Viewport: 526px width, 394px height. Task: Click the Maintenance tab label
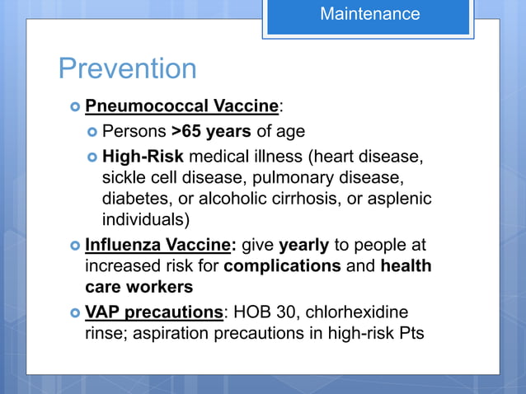369,14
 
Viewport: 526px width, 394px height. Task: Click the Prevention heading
127,68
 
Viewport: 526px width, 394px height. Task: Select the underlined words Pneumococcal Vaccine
181,106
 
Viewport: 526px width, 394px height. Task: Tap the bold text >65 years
212,131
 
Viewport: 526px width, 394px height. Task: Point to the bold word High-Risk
143,157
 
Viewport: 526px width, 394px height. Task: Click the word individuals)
146,220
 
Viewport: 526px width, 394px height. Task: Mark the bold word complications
282,267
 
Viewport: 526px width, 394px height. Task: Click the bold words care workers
139,288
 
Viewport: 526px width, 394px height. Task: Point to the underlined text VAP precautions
154,313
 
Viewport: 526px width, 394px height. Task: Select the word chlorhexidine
359,313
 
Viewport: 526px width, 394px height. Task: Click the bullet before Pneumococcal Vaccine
73,107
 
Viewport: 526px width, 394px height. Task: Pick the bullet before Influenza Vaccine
73,246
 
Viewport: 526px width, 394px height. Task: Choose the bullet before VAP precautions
73,314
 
